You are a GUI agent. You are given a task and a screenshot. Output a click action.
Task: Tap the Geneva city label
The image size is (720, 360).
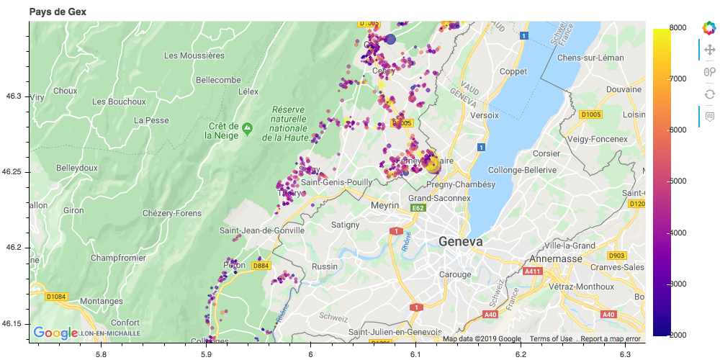pyautogui.click(x=461, y=242)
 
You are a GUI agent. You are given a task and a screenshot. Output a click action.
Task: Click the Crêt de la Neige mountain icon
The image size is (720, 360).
pyautogui.click(x=247, y=129)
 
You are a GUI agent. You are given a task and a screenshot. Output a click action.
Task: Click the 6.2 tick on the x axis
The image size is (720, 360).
pyautogui.click(x=521, y=354)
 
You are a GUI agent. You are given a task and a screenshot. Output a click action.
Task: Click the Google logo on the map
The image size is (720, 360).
pyautogui.click(x=55, y=333)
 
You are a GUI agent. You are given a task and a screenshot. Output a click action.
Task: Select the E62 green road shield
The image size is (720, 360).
pyautogui.click(x=418, y=208)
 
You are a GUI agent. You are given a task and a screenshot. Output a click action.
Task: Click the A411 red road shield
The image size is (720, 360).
pyautogui.click(x=532, y=271)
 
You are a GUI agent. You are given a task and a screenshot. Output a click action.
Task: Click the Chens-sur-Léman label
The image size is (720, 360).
pyautogui.click(x=589, y=57)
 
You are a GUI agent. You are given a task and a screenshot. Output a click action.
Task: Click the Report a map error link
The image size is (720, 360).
pyautogui.click(x=611, y=339)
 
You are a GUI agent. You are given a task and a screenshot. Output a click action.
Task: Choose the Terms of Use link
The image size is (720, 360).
pyautogui.click(x=551, y=339)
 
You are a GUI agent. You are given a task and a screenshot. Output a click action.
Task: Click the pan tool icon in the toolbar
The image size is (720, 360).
pyautogui.click(x=709, y=50)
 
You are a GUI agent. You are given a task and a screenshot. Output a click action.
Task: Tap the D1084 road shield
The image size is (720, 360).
pyautogui.click(x=55, y=296)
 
